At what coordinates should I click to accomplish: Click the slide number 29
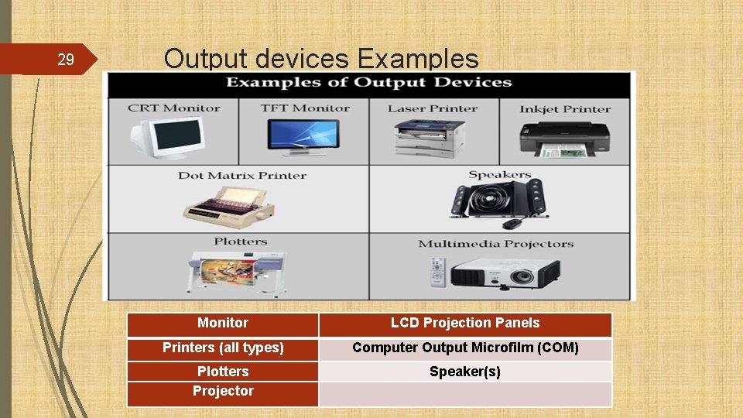(66, 60)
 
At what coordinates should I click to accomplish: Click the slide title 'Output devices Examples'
(320, 59)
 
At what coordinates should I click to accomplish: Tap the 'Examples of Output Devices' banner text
(368, 83)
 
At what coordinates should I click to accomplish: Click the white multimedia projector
(505, 272)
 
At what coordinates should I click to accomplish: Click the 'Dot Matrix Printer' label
(242, 175)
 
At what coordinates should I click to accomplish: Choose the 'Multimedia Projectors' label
(495, 244)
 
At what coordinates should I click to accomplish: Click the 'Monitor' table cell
(223, 324)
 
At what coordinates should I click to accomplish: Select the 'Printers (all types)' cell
(223, 348)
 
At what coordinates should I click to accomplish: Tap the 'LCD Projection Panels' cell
(465, 324)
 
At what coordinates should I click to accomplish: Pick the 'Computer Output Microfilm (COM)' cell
(465, 348)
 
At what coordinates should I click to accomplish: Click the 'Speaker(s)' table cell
(465, 372)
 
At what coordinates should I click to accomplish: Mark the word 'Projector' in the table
(223, 392)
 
